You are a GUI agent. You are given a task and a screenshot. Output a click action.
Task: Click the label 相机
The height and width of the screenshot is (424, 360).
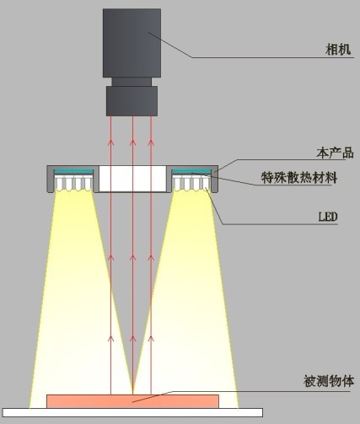click(338, 50)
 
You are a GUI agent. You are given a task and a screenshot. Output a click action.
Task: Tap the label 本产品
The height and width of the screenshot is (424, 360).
click(335, 153)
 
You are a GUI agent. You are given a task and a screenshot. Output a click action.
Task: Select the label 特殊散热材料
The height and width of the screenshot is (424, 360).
click(299, 177)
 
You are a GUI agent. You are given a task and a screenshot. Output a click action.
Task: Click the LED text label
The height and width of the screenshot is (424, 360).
click(328, 217)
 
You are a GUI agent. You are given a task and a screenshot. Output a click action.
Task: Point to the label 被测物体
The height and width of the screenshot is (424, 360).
click(329, 381)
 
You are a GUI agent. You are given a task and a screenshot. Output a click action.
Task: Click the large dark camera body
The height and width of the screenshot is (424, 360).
click(132, 43)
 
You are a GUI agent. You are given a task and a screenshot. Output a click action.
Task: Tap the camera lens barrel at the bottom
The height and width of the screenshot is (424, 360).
click(132, 101)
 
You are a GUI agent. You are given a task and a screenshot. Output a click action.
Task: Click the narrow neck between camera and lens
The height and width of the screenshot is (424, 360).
click(132, 82)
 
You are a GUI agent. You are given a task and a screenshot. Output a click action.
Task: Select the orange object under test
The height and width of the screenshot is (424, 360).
click(132, 401)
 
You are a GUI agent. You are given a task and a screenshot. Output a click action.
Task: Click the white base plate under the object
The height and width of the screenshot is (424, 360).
click(132, 412)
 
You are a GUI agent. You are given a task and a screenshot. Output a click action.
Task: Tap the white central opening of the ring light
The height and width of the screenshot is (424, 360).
click(132, 179)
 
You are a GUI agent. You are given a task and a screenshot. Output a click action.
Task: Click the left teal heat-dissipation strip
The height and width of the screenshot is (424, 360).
click(73, 171)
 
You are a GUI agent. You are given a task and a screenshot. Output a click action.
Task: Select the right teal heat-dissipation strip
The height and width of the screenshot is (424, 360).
click(191, 171)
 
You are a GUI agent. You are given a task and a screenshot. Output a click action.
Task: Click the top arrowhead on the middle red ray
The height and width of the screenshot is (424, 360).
click(133, 142)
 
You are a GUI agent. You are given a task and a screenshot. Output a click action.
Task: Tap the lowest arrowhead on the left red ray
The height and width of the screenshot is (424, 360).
click(110, 339)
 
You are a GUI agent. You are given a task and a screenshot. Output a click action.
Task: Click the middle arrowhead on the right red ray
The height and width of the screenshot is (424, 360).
click(151, 257)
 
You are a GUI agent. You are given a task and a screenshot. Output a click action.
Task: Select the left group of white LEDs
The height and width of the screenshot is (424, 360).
click(73, 183)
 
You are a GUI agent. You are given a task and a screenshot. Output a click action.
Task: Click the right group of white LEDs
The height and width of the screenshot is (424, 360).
click(191, 183)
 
